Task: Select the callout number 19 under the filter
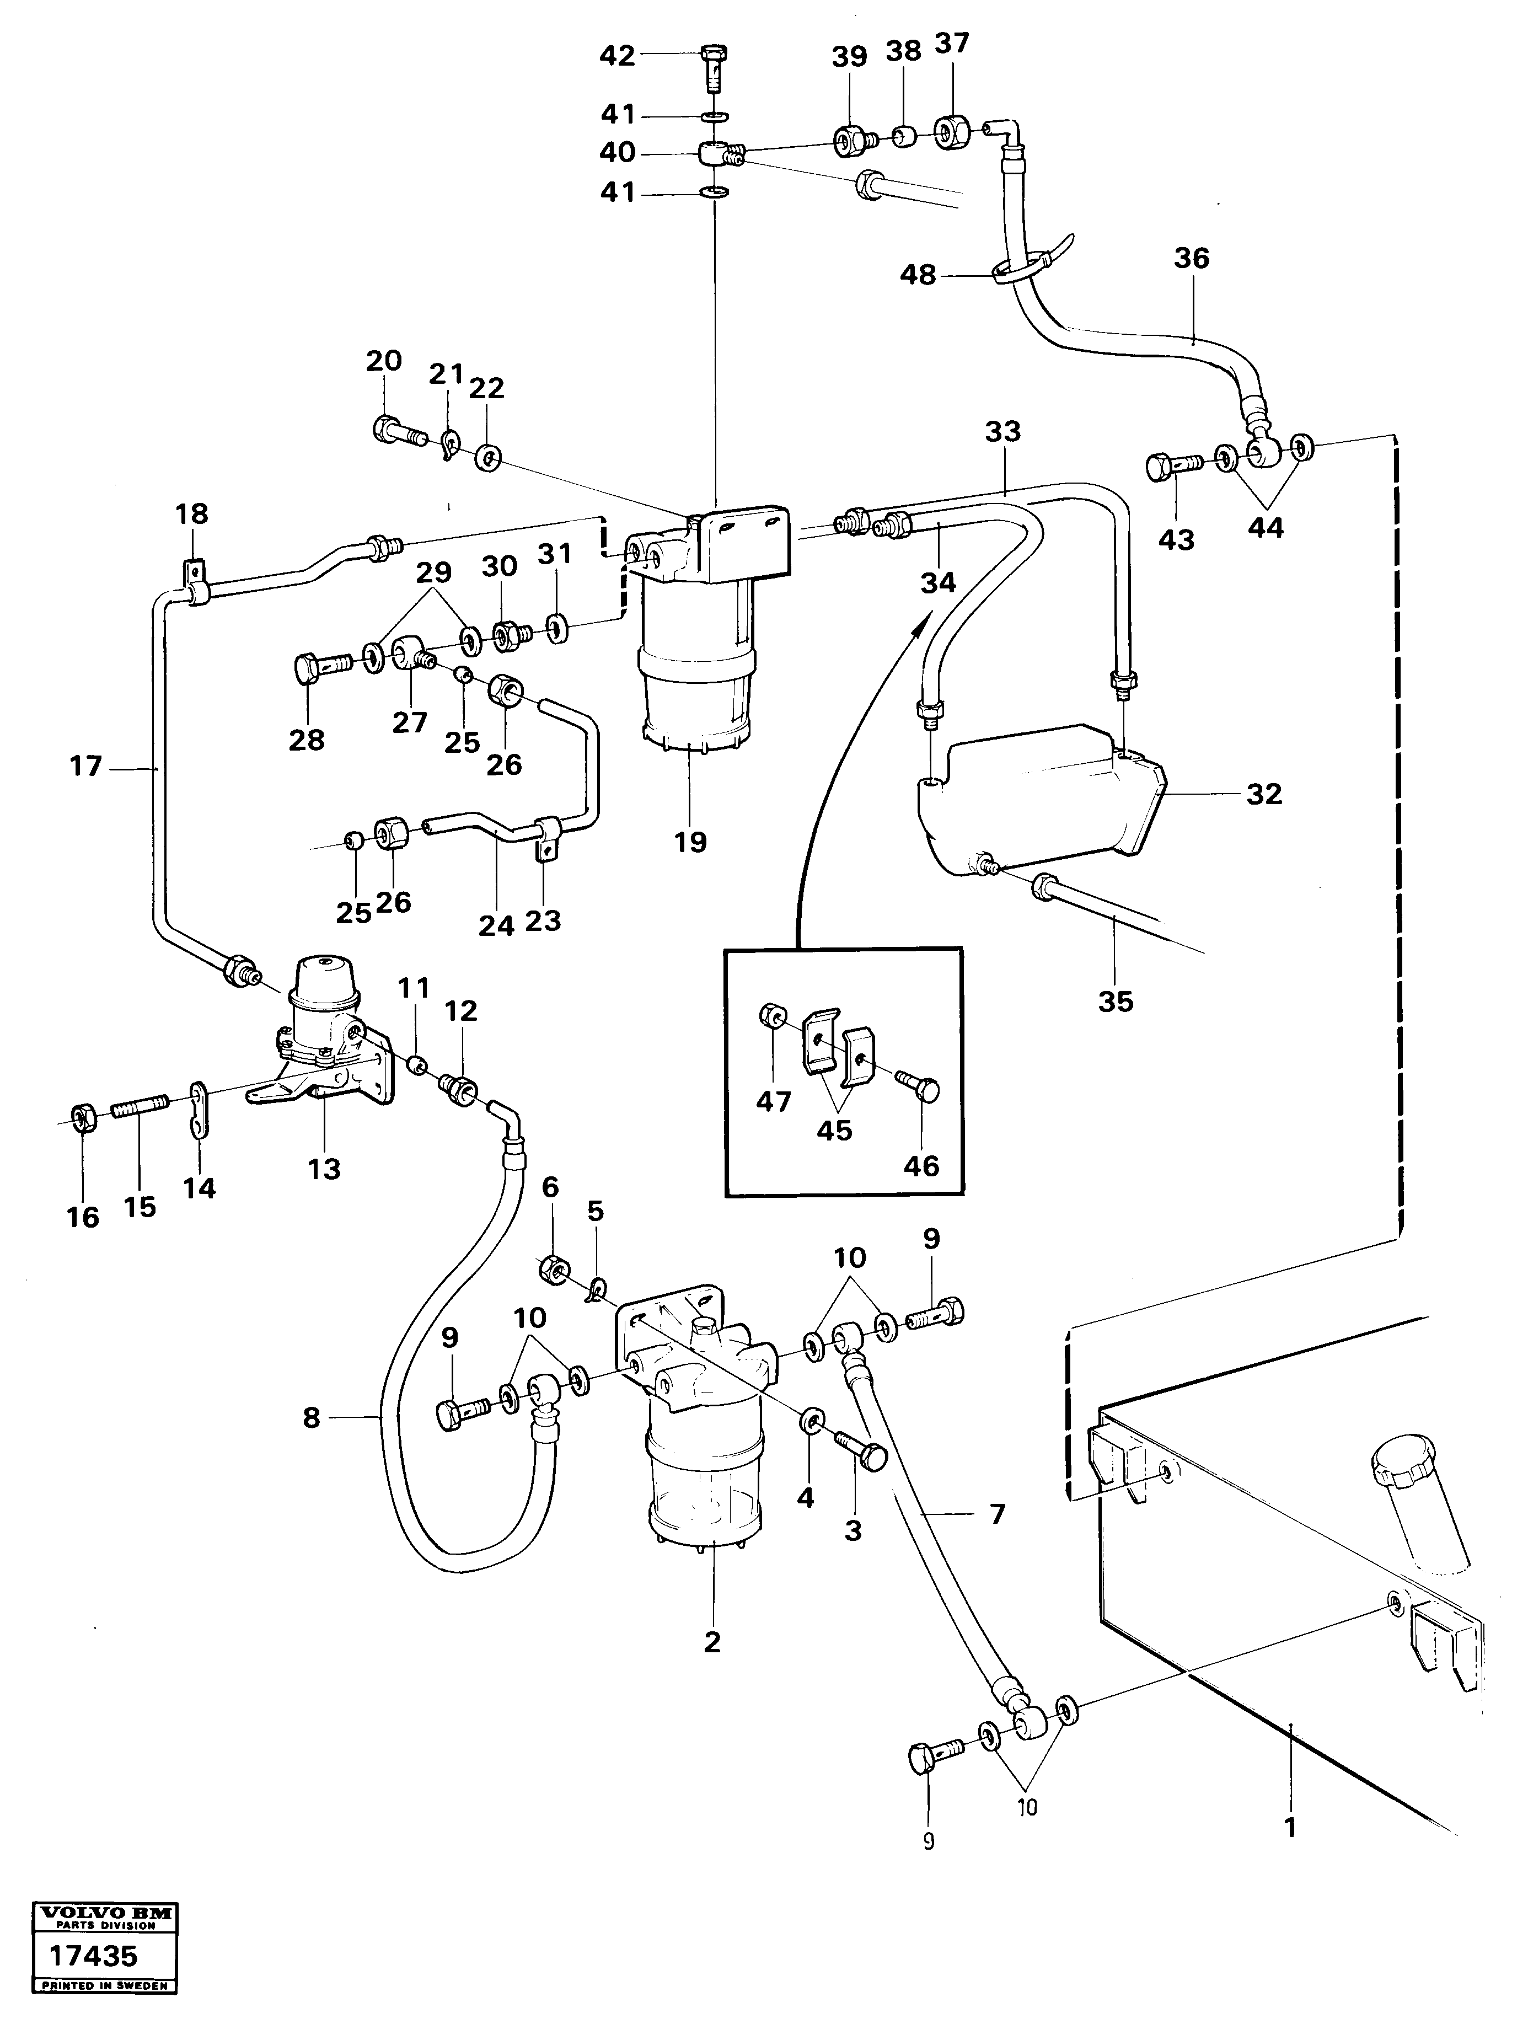[690, 841]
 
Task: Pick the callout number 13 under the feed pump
[325, 1169]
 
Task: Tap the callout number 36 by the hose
[1191, 259]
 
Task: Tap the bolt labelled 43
[1168, 467]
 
